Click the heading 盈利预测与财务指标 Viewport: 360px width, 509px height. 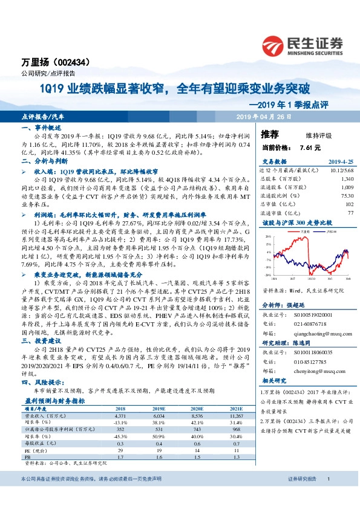pos(55,400)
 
